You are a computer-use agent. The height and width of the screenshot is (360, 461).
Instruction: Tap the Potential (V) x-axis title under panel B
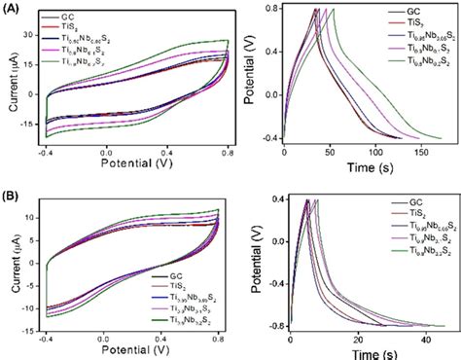(138, 355)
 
